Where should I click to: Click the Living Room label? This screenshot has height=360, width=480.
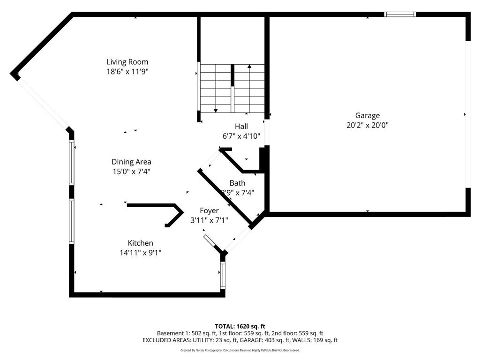(x=127, y=62)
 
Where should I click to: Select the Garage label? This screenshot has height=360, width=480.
(x=367, y=115)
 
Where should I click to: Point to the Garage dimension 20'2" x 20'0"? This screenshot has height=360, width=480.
(x=367, y=125)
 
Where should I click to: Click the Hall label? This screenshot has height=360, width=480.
(x=241, y=127)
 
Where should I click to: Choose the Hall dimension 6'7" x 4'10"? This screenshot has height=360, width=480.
(x=241, y=136)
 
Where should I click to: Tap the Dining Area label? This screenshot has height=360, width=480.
(x=131, y=162)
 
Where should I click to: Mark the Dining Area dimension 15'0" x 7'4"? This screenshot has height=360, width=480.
(x=131, y=172)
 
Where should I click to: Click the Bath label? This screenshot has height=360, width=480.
(x=237, y=183)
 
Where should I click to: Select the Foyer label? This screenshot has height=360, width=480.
(x=209, y=211)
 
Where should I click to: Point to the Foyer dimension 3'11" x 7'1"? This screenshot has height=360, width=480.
(x=209, y=220)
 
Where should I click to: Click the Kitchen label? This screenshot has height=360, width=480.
(x=141, y=243)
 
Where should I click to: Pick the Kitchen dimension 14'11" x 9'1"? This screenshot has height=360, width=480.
(x=141, y=253)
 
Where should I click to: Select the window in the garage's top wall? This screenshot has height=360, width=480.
(x=400, y=15)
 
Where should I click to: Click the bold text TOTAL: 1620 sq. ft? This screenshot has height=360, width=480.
(x=240, y=326)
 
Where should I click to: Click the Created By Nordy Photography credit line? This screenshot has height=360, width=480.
(x=240, y=350)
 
